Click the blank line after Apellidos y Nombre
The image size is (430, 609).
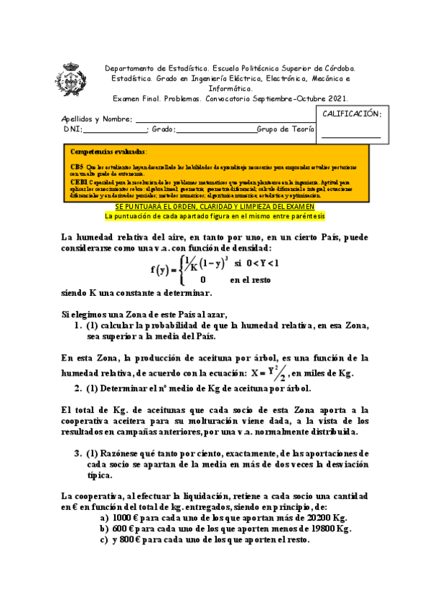tap(223, 119)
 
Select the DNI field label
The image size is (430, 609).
tap(72, 129)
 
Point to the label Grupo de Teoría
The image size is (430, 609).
tap(286, 129)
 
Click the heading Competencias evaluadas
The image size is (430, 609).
tap(108, 152)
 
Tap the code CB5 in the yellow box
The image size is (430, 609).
tap(77, 165)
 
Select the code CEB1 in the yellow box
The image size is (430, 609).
tap(79, 183)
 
